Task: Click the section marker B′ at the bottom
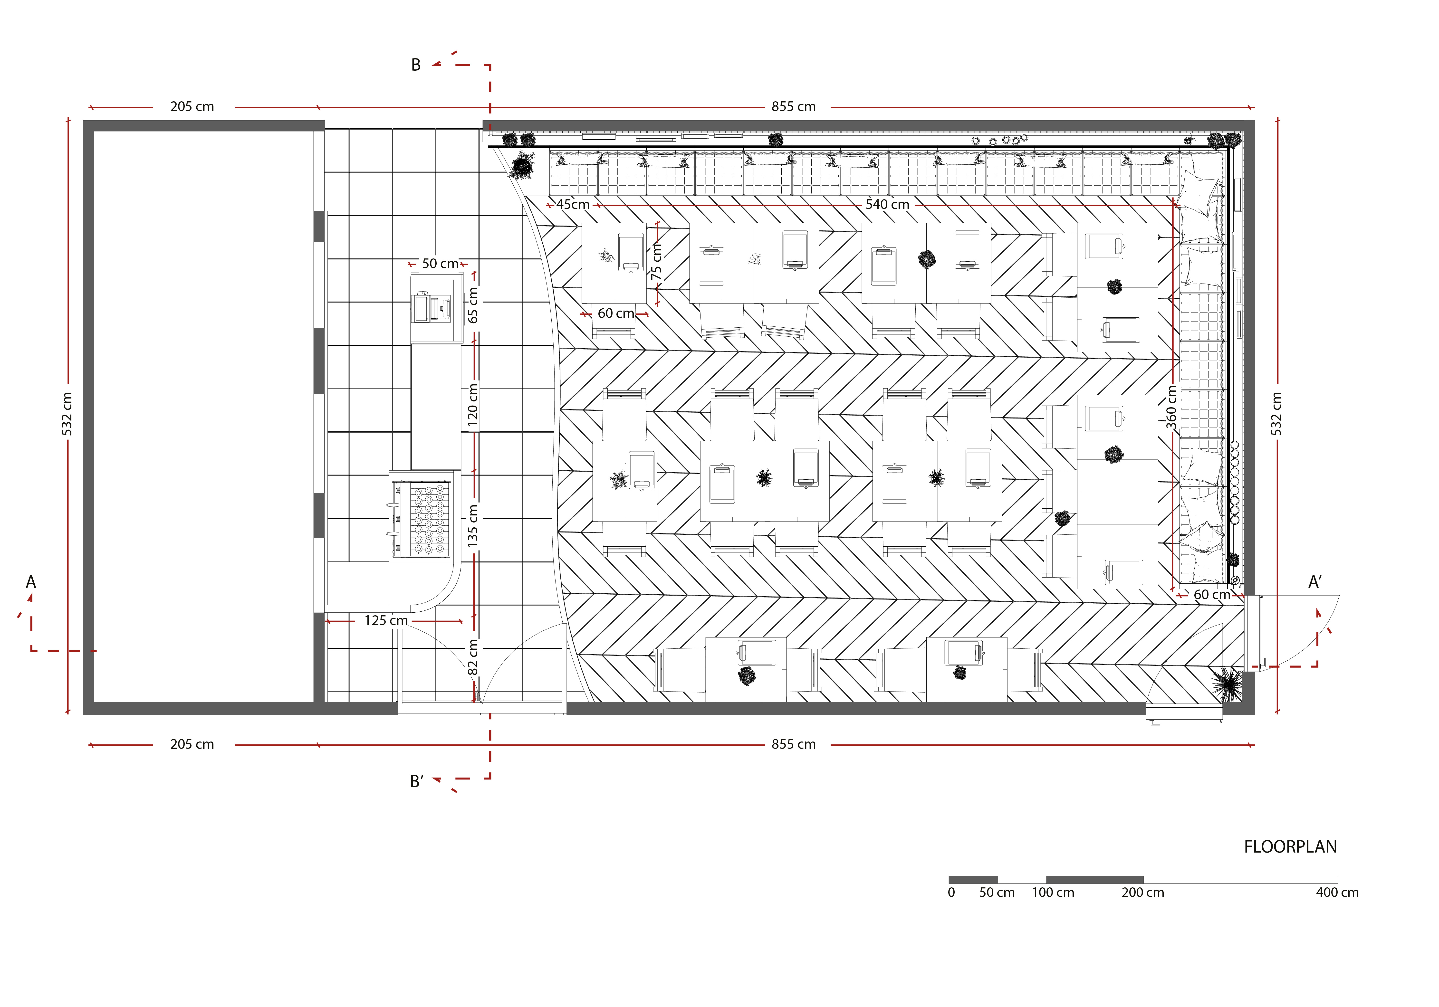[417, 781]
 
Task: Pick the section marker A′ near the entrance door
[1315, 582]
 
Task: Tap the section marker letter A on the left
[31, 582]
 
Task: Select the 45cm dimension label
[573, 204]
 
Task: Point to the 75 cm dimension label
[656, 262]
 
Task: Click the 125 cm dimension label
[386, 620]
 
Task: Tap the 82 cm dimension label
[473, 657]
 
